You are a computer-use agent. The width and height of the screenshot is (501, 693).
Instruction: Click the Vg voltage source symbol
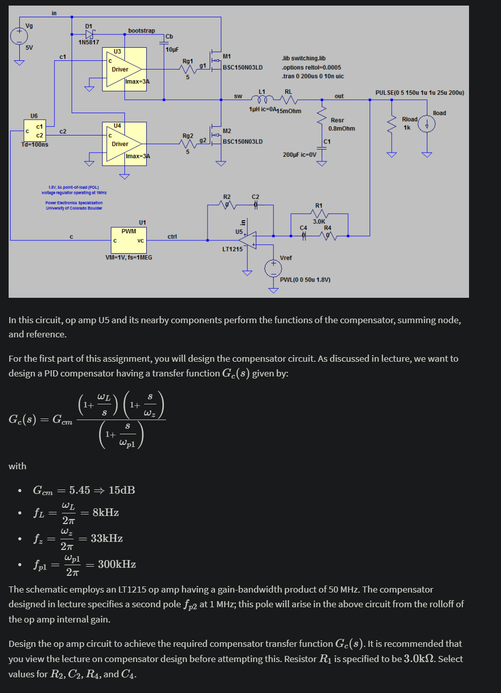click(x=19, y=36)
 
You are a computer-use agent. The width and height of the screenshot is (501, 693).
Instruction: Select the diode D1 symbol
click(x=89, y=34)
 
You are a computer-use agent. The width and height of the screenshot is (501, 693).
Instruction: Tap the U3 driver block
click(x=124, y=69)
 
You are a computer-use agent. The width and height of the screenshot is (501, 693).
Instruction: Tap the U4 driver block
click(x=124, y=144)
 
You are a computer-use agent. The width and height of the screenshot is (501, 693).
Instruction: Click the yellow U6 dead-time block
click(x=34, y=131)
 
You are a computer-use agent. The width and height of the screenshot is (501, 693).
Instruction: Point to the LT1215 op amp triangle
click(x=249, y=240)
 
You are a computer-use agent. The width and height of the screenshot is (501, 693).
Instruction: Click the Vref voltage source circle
click(x=273, y=268)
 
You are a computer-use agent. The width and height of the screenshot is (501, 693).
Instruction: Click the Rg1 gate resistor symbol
click(x=188, y=68)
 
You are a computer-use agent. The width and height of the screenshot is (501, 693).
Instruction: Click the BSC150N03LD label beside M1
click(x=243, y=67)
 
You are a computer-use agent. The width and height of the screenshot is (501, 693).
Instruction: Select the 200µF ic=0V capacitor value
click(x=299, y=155)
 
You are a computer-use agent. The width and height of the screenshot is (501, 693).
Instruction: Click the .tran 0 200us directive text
click(x=313, y=77)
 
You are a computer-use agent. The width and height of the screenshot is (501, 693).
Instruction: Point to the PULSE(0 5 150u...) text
click(x=419, y=93)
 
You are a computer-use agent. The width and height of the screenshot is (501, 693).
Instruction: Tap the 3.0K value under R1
click(x=319, y=222)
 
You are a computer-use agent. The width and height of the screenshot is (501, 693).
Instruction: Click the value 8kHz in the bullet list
click(x=106, y=512)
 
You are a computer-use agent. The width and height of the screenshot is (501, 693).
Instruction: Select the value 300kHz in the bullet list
click(x=117, y=564)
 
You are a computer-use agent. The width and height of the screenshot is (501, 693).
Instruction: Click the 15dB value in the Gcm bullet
click(x=122, y=490)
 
